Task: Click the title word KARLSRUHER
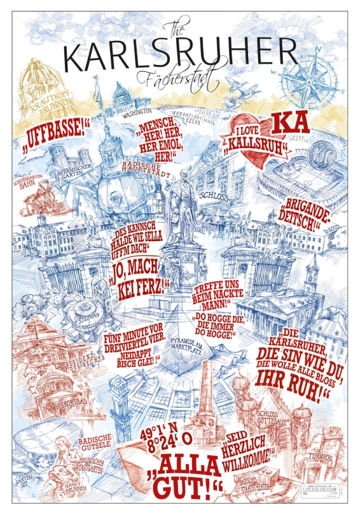coord(180,57)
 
